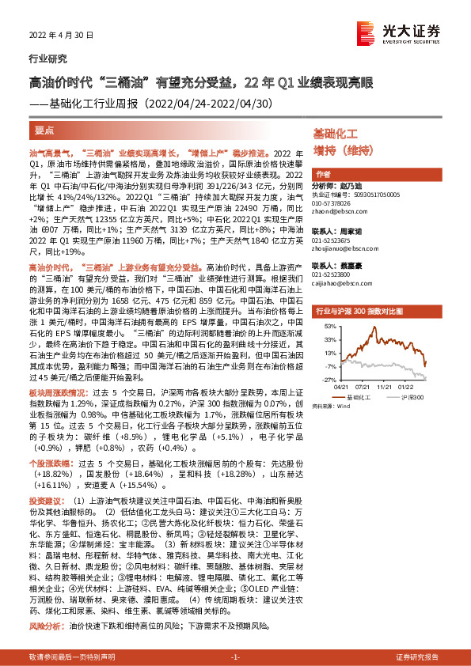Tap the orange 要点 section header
pos(45,130)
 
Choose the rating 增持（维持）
pos(343,150)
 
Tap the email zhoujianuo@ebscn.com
pos(346,249)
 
